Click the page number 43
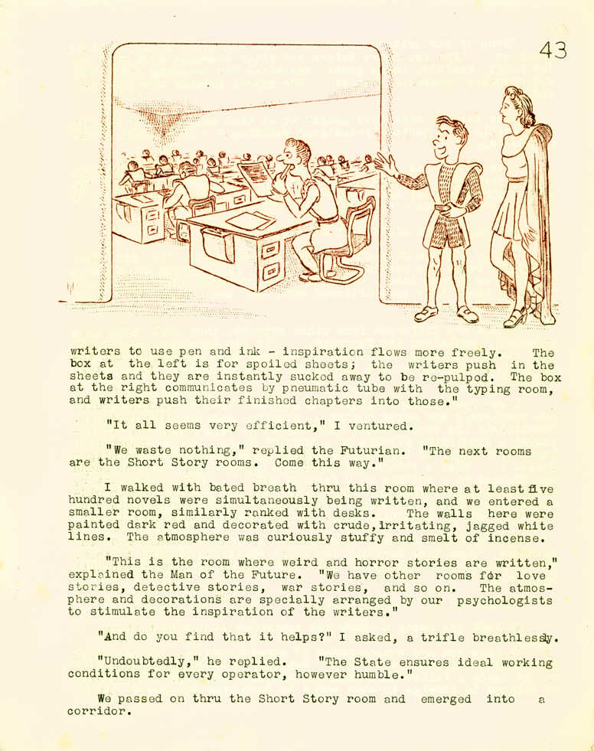[553, 51]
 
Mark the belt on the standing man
[444, 206]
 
